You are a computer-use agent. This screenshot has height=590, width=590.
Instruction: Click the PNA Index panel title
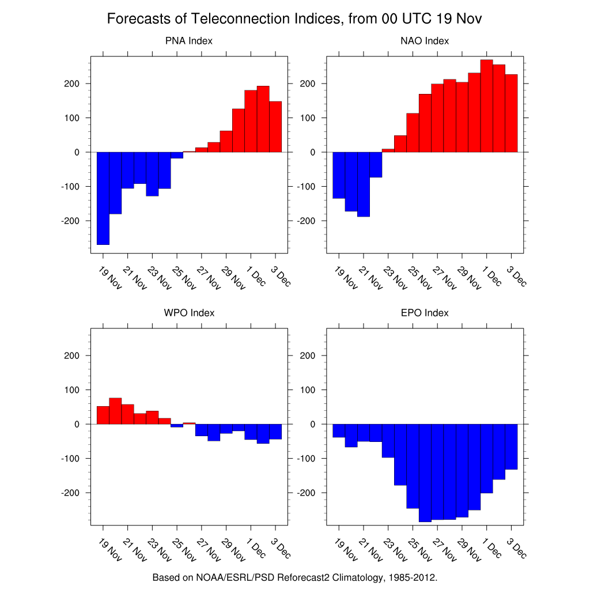[188, 41]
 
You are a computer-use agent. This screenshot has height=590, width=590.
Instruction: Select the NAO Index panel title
[425, 41]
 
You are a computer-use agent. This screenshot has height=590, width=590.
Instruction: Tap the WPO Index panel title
[189, 313]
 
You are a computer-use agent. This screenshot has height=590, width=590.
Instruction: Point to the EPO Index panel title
[425, 313]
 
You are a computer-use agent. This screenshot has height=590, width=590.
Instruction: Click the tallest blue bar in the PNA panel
[103, 198]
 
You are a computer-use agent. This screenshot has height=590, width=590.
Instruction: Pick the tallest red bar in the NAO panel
[487, 106]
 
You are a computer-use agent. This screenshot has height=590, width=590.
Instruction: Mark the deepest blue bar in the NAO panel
[364, 184]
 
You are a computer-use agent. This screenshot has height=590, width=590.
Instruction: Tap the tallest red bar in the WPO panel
[115, 411]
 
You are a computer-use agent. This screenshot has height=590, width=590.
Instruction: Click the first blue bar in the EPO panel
[339, 431]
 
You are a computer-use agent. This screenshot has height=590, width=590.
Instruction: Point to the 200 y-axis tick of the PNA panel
[80, 84]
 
